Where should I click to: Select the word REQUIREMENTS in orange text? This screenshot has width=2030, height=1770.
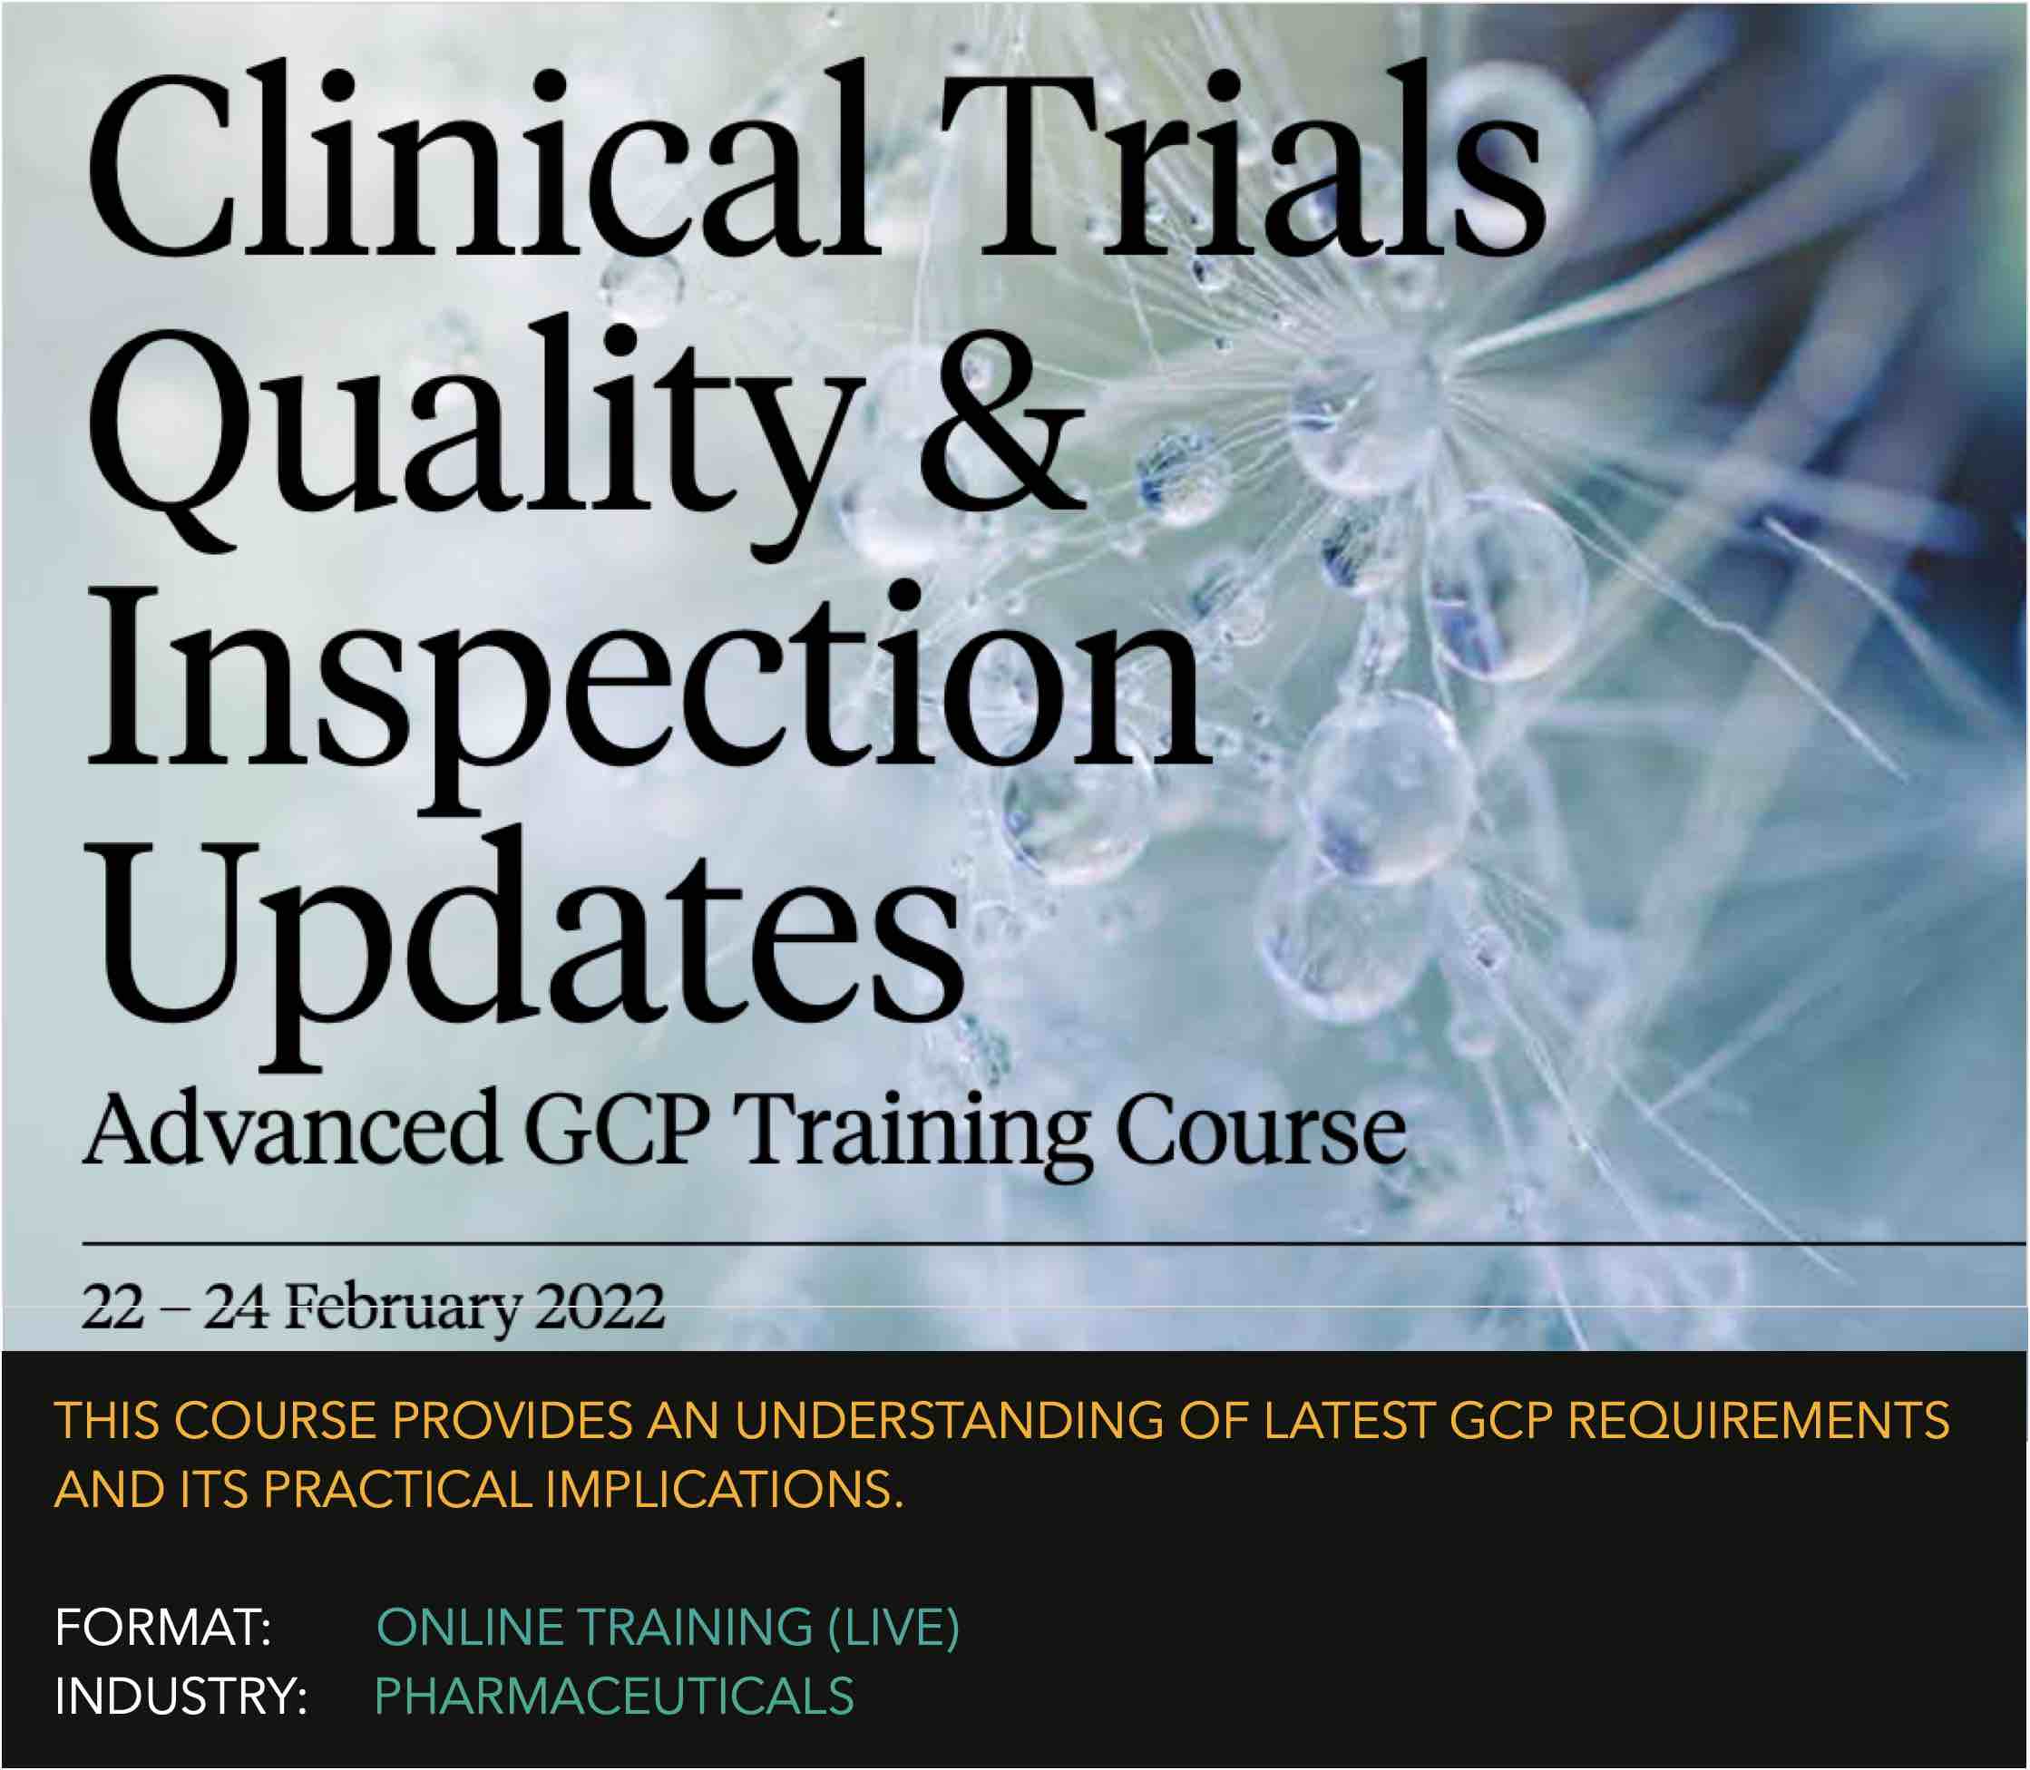click(x=1759, y=1421)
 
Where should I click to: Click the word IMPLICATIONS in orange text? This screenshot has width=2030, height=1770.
click(x=724, y=1491)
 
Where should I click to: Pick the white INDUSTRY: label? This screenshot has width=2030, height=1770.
click(x=181, y=1697)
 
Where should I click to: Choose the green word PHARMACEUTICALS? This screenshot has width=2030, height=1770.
click(x=614, y=1697)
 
